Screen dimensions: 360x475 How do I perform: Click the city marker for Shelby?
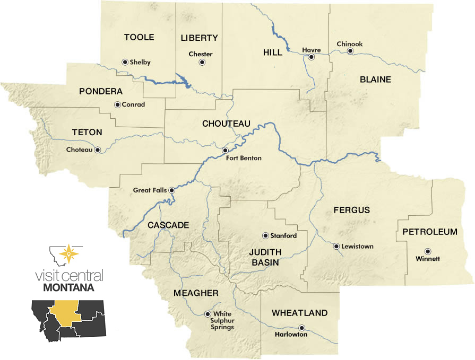[125, 62]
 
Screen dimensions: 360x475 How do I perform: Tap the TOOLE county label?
[139, 37]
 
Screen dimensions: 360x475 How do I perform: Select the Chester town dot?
[202, 63]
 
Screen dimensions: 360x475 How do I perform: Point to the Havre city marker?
[312, 57]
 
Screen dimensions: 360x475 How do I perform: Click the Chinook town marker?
[350, 51]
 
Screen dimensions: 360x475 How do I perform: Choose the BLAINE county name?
[375, 80]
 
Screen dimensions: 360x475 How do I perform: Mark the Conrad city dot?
[117, 104]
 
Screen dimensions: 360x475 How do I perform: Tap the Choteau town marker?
[98, 150]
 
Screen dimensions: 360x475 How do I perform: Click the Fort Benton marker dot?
[225, 151]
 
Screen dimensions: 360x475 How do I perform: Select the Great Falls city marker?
[171, 190]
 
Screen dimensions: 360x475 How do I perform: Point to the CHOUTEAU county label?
[226, 124]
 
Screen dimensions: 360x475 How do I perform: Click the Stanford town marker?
[265, 235]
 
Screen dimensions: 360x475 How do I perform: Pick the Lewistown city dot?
[336, 246]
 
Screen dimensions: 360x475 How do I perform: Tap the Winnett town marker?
[427, 251]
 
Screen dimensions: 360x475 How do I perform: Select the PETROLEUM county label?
[430, 232]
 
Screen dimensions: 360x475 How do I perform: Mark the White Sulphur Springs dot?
[208, 314]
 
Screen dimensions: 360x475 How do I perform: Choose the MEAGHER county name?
[196, 293]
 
